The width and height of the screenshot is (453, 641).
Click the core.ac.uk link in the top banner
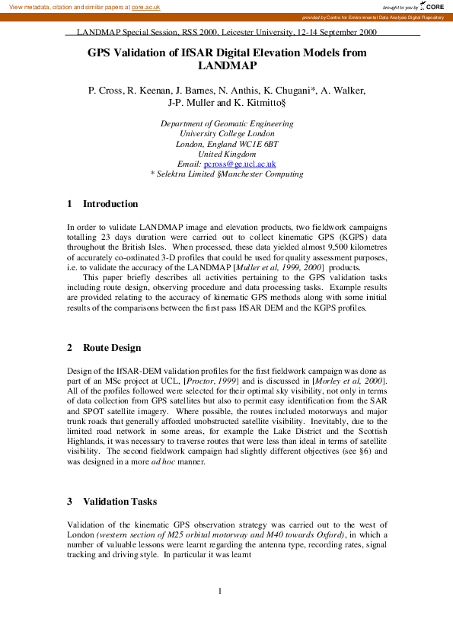click(145, 7)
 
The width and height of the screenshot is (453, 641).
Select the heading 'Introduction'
click(110, 204)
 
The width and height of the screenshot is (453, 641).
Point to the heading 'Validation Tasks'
click(120, 502)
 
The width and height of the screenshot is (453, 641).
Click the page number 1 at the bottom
click(219, 591)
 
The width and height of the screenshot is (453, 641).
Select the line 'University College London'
click(227, 134)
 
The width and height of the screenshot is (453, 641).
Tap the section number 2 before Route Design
click(70, 348)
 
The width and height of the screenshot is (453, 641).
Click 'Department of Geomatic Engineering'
click(227, 124)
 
